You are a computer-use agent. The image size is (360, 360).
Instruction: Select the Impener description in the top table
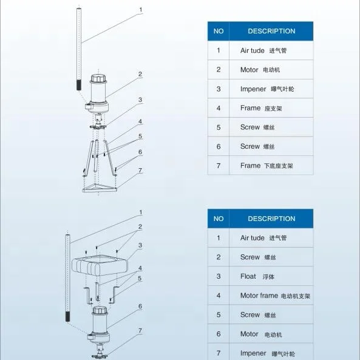(253, 89)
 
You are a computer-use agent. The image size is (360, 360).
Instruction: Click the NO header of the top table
(219, 31)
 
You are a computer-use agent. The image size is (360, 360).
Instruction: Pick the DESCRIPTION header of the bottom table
(271, 219)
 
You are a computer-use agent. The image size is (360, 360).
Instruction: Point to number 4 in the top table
(219, 108)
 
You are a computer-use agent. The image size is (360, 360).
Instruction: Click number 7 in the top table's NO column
(219, 166)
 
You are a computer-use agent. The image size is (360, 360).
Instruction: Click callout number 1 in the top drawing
(141, 10)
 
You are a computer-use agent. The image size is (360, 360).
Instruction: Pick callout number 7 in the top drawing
(140, 171)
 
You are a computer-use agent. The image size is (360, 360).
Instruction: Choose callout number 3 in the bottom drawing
(140, 245)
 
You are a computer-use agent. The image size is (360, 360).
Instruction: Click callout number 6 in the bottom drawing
(140, 307)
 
